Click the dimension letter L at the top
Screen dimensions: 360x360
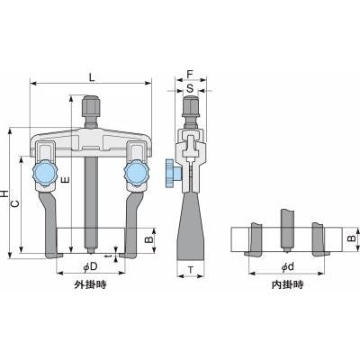pyautogui.click(x=92, y=77)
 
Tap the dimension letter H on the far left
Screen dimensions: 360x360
pyautogui.click(x=4, y=193)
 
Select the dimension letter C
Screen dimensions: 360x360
pyautogui.click(x=15, y=204)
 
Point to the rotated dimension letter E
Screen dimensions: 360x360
pyautogui.click(x=66, y=180)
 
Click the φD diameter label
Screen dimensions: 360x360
pyautogui.click(x=91, y=266)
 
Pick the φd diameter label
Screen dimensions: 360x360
pyautogui.click(x=287, y=266)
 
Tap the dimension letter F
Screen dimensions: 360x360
pyautogui.click(x=190, y=75)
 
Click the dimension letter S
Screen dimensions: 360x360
pyautogui.click(x=190, y=88)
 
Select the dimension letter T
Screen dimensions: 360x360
pyautogui.click(x=191, y=270)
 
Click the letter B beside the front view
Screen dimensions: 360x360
pyautogui.click(x=149, y=239)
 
